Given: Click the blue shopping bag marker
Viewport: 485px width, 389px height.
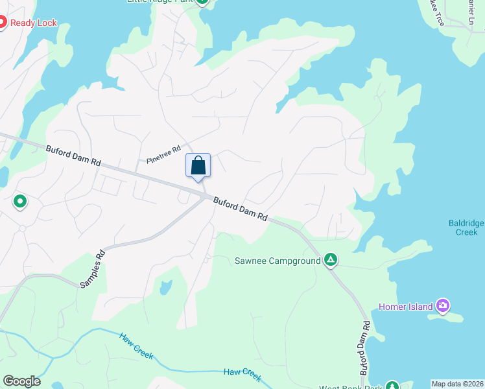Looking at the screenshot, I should pyautogui.click(x=198, y=165).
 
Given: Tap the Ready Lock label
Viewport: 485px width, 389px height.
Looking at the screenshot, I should pyautogui.click(x=34, y=23).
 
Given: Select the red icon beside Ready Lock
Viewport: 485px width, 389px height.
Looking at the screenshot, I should pyautogui.click(x=2, y=23).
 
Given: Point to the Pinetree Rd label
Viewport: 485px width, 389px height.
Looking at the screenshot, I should pyautogui.click(x=163, y=154).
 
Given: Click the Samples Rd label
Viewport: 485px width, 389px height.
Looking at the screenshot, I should pyautogui.click(x=91, y=269).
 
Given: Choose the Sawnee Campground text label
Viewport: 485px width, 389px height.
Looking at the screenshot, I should pyautogui.click(x=278, y=261).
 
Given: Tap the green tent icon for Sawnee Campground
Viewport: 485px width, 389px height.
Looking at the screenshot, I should pyautogui.click(x=331, y=261).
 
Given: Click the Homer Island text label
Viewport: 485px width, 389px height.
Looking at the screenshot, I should pyautogui.click(x=406, y=307).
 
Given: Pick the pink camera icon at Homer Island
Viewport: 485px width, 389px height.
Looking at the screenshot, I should pyautogui.click(x=443, y=305).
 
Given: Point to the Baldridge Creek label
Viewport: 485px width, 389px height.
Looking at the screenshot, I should pyautogui.click(x=466, y=227).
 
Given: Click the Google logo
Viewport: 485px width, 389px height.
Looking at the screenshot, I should pyautogui.click(x=21, y=381).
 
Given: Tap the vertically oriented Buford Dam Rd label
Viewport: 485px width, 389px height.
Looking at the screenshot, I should pyautogui.click(x=366, y=349).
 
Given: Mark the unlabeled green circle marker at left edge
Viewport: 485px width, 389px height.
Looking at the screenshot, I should pyautogui.click(x=20, y=202).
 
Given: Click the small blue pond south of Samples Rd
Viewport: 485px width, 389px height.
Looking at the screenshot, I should pyautogui.click(x=165, y=287).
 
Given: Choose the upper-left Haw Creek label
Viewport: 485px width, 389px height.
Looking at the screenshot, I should pyautogui.click(x=136, y=344).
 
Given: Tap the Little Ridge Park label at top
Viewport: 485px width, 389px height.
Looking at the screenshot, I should pyautogui.click(x=161, y=2).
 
